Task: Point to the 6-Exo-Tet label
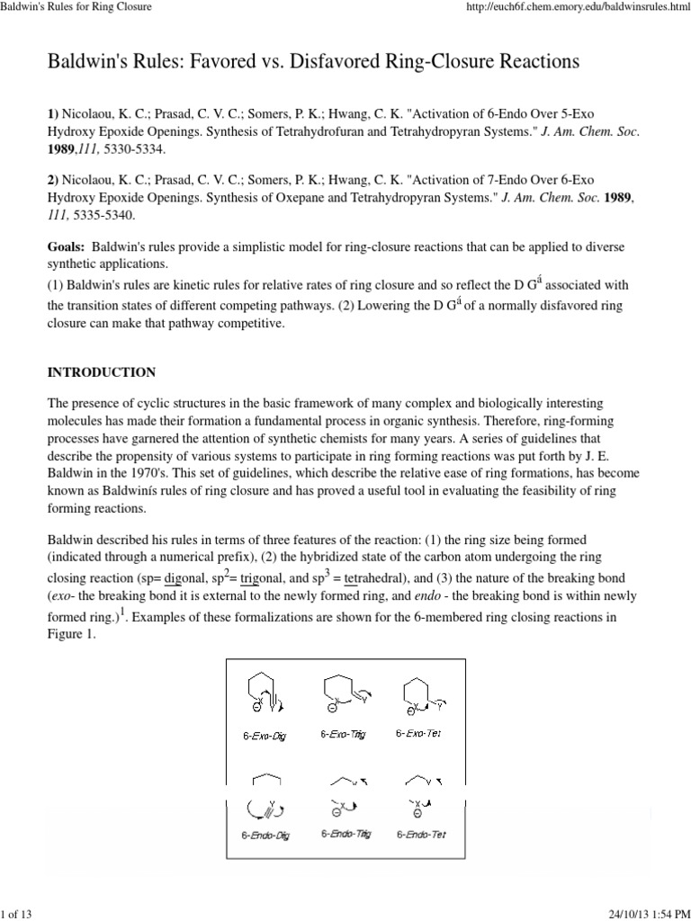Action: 419,733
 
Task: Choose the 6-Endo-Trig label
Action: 345,834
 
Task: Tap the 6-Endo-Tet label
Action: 421,834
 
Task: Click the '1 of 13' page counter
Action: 17,913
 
